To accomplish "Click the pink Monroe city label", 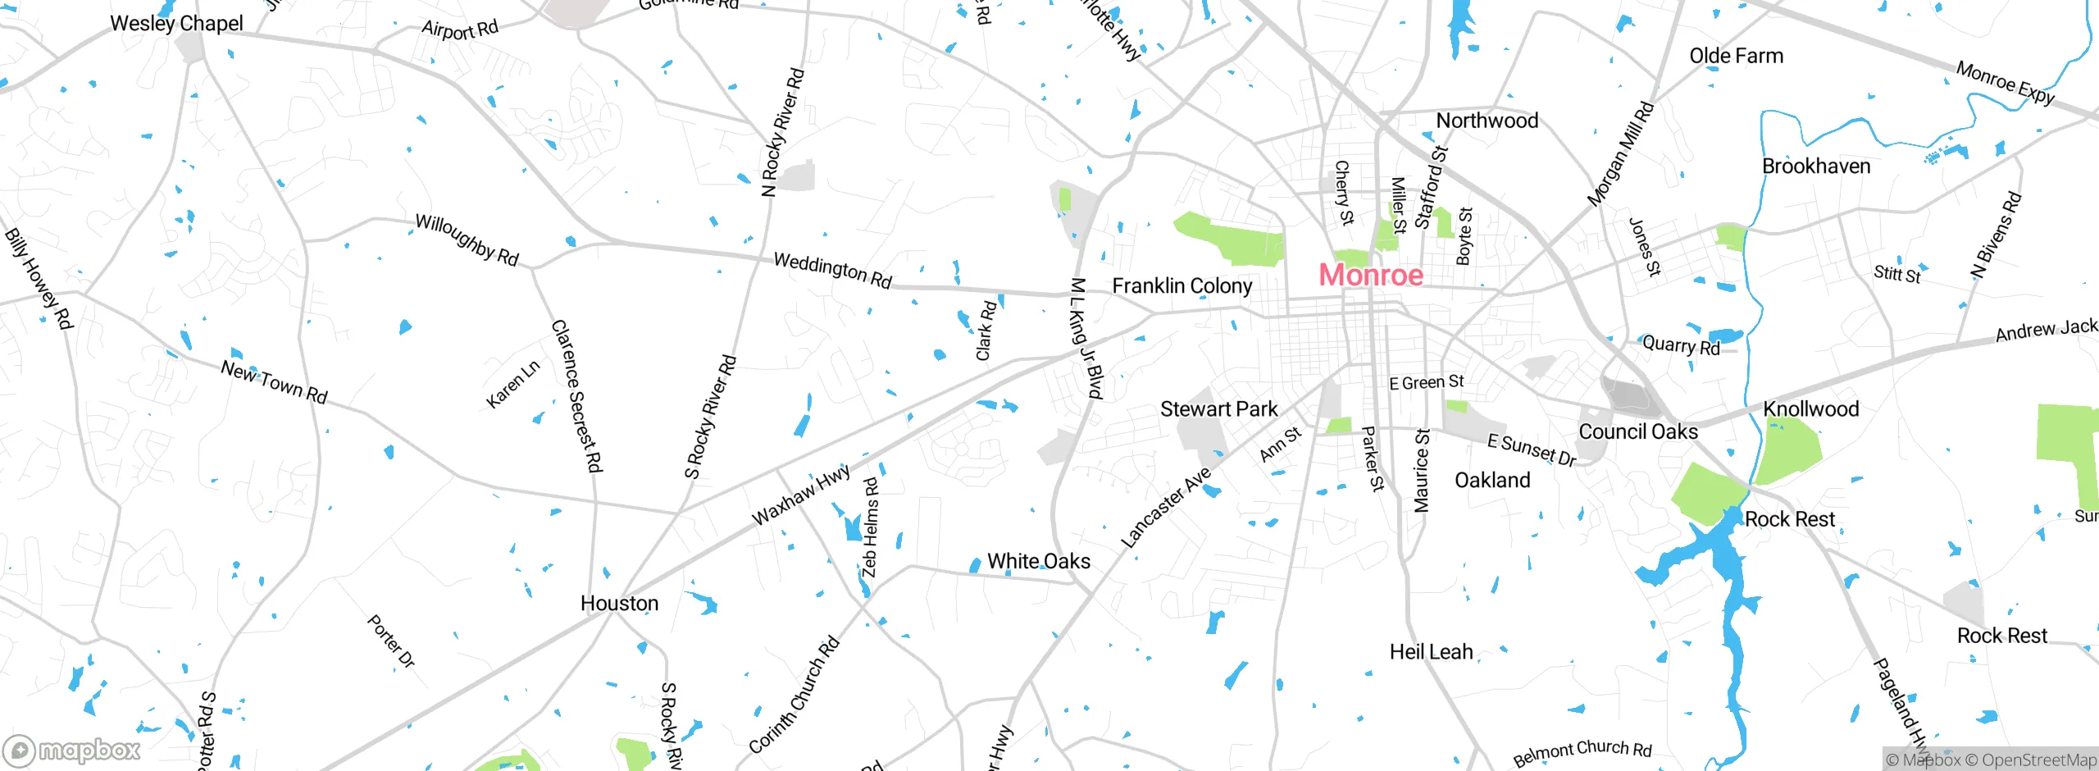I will click(x=1370, y=275).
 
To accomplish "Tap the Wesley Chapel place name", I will click(x=176, y=23).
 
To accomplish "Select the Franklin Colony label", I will click(x=1182, y=286).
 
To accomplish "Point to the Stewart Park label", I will click(x=1218, y=409).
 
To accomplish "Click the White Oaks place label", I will click(x=1038, y=562).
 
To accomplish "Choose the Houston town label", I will click(x=619, y=604).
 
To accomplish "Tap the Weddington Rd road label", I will click(x=832, y=271).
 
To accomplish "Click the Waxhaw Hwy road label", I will click(x=801, y=495).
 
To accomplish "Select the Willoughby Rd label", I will click(x=467, y=240).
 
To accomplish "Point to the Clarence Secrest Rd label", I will click(x=576, y=396).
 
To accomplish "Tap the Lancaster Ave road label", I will click(x=1165, y=509).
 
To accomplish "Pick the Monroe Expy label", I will click(x=2006, y=83).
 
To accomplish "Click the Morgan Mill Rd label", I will click(x=1620, y=154).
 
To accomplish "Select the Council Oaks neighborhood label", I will click(x=1637, y=432).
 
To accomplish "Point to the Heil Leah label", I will click(x=1431, y=652).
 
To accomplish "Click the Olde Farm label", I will click(x=1736, y=57).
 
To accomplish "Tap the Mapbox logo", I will click(x=72, y=750).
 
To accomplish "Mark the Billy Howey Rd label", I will click(x=39, y=279).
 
